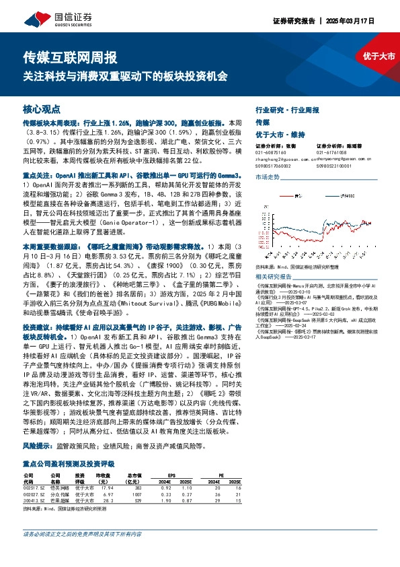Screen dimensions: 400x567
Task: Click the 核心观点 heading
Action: pyautogui.click(x=42, y=108)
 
